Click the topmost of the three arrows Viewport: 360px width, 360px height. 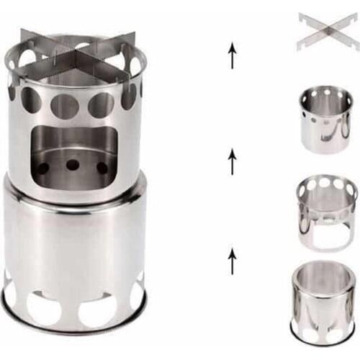pos(232,55)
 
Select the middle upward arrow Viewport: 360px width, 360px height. pos(232,161)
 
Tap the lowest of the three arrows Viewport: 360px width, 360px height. pos(232,259)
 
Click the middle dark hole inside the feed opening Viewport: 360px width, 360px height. pos(73,165)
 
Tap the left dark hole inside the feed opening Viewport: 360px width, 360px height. pos(43,168)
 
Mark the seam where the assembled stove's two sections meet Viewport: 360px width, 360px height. pos(76,204)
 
